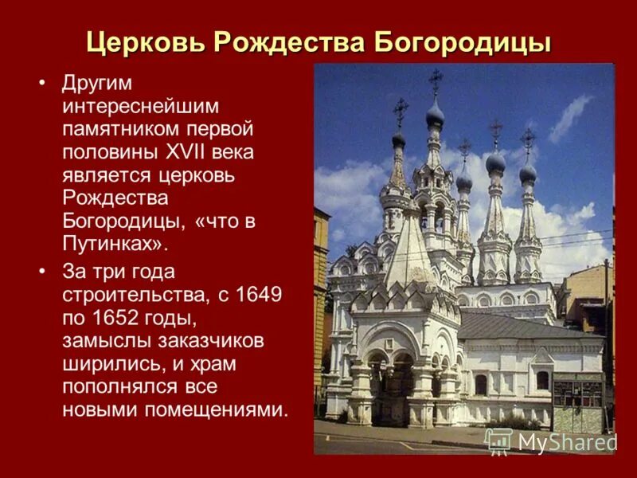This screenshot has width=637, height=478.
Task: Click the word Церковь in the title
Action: point(141,41)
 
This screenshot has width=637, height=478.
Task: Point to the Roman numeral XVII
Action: point(193,151)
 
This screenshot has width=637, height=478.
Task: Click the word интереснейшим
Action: point(140,106)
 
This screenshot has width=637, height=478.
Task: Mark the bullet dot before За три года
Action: point(42,272)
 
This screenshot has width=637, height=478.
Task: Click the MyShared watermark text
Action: point(568,441)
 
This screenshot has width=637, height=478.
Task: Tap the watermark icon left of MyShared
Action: point(498,440)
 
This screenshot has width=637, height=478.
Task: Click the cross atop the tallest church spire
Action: point(436,79)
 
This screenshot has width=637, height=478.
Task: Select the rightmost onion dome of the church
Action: point(528,172)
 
